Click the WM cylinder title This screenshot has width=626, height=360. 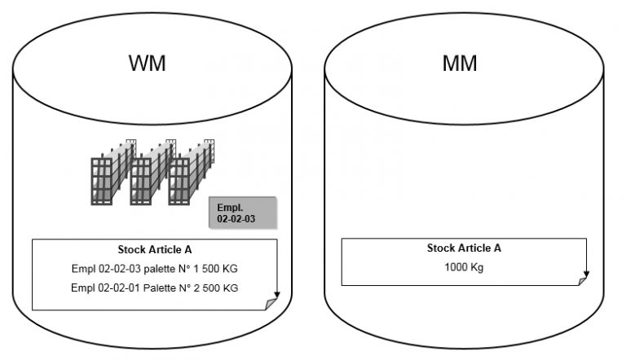pyautogui.click(x=148, y=64)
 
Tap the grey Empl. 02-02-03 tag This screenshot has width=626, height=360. pyautogui.click(x=243, y=213)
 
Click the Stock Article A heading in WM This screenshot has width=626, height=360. pyautogui.click(x=154, y=250)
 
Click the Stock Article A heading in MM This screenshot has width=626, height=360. pyautogui.click(x=464, y=248)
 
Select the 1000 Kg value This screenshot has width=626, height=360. pyautogui.click(x=464, y=267)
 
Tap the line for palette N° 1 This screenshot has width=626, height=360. pyautogui.click(x=154, y=269)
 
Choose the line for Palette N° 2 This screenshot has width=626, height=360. pyautogui.click(x=154, y=288)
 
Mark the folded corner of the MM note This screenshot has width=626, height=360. pyautogui.click(x=581, y=280)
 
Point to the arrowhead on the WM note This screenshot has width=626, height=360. pyautogui.click(x=277, y=296)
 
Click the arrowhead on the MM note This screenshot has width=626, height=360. pyautogui.click(x=586, y=275)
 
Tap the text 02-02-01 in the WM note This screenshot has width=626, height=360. pyautogui.click(x=115, y=288)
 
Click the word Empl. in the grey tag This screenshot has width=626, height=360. pyautogui.click(x=231, y=208)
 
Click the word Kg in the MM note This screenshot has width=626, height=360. pyautogui.click(x=476, y=267)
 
